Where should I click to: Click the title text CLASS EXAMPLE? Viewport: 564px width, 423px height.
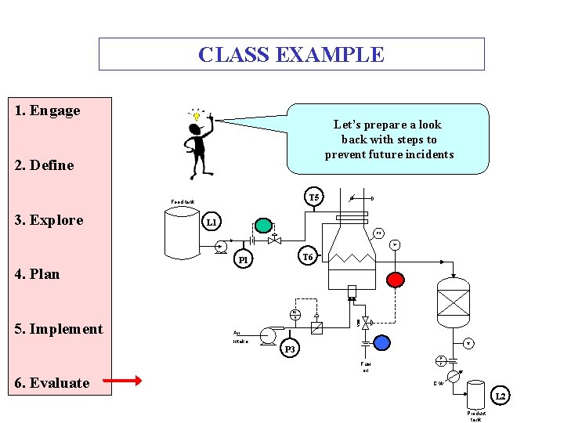click(x=291, y=55)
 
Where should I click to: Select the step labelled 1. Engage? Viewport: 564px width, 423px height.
click(x=48, y=110)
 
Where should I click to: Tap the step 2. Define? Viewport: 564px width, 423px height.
click(x=45, y=165)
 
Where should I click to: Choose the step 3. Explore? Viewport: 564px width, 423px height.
click(x=49, y=220)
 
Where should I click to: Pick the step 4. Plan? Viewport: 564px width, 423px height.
click(x=37, y=274)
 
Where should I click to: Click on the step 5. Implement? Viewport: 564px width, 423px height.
click(x=59, y=329)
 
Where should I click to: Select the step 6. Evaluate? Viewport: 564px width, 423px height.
click(x=52, y=383)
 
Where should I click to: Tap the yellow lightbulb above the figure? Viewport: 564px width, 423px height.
click(x=197, y=116)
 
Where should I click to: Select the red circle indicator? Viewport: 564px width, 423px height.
click(x=396, y=279)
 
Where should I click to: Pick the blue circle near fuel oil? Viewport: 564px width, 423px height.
click(x=381, y=342)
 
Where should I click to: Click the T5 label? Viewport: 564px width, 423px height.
click(x=314, y=197)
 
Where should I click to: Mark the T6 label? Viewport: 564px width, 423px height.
click(x=308, y=257)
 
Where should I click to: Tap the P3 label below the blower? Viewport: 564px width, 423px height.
click(x=290, y=349)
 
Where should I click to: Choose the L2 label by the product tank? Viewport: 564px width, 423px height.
click(x=501, y=396)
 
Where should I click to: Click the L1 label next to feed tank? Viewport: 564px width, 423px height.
click(x=211, y=223)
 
